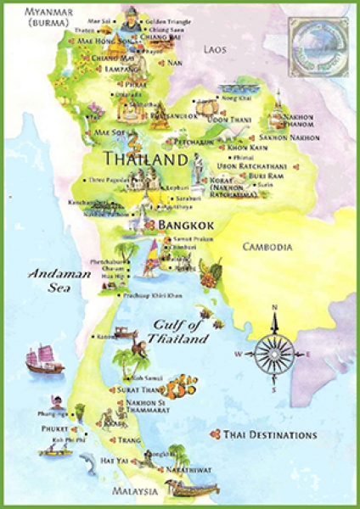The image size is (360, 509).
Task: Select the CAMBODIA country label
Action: tap(267, 247)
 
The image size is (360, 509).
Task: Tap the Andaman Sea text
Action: tap(53, 280)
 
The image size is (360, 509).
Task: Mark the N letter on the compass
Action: tap(274, 307)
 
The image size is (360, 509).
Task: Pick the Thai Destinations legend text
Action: tap(269, 435)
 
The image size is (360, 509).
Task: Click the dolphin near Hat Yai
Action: tap(86, 461)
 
